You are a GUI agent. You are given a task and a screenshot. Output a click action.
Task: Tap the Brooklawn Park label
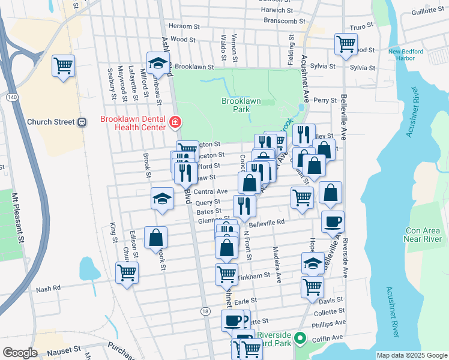[240, 106]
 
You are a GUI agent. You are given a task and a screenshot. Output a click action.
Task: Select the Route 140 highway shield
[11, 96]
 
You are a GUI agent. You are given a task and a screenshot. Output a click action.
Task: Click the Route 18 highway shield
[206, 311]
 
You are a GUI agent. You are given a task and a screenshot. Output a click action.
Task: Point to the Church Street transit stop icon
[82, 122]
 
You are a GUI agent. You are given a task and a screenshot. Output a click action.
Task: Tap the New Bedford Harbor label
[406, 55]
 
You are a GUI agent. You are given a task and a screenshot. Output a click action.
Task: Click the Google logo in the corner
[20, 352]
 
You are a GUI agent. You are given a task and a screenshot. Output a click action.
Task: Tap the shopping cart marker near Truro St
[346, 43]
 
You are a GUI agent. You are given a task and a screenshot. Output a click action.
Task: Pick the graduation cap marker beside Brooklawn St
[158, 63]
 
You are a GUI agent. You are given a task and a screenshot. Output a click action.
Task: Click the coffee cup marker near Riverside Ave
[333, 221]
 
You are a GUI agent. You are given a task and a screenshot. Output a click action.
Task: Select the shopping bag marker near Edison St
[155, 237]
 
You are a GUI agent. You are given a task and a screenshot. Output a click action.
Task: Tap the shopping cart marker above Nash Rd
[127, 272]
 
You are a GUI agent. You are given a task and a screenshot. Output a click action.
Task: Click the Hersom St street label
[184, 26]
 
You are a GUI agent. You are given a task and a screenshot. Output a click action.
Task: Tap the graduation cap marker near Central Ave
[161, 199]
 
